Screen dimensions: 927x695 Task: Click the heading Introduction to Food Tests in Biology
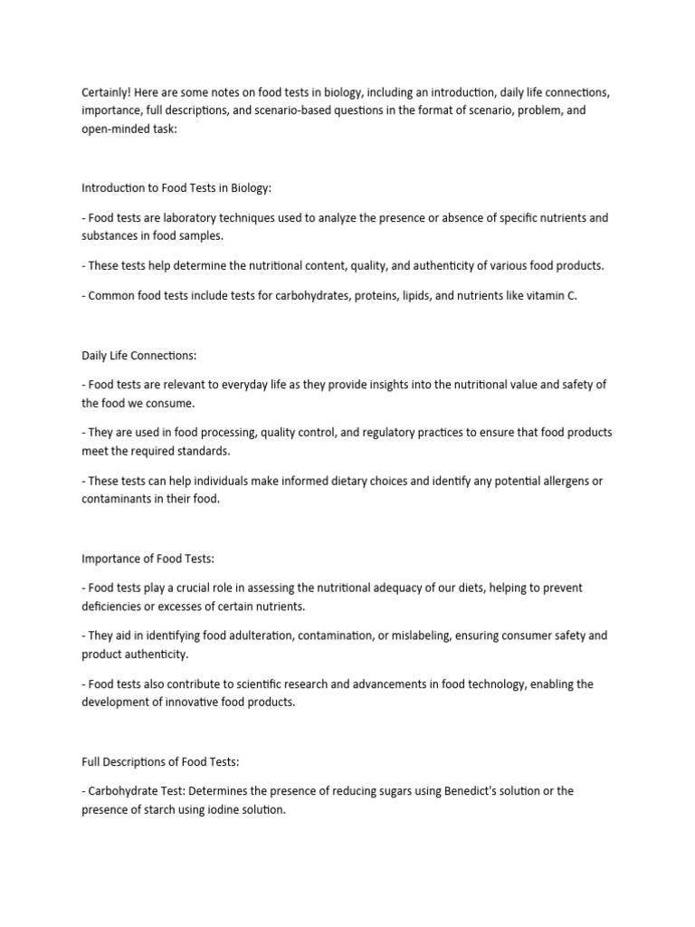tap(176, 187)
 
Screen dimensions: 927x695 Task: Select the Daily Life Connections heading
tap(138, 354)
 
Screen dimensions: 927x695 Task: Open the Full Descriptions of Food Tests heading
tap(162, 760)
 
